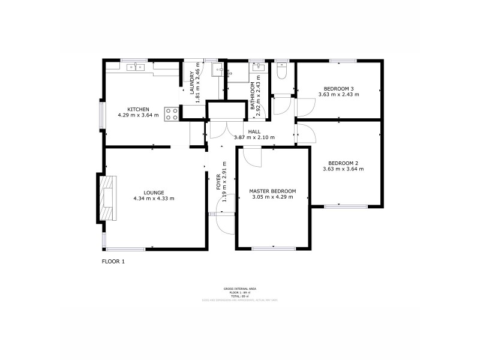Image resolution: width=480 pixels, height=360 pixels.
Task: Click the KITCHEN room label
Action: point(137,109)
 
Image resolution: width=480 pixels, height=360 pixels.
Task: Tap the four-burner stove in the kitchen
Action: point(171,113)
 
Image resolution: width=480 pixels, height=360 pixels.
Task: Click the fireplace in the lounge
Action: point(107,197)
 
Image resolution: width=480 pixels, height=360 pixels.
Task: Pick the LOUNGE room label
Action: point(145,193)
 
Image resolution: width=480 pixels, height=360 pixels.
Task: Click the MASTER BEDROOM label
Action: point(273,191)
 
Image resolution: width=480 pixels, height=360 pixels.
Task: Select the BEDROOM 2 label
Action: point(343,163)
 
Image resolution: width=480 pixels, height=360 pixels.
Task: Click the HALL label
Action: point(254,132)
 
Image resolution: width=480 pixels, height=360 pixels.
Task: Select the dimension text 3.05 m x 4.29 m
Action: point(273,197)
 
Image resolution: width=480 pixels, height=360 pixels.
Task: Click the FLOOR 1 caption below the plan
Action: point(113,261)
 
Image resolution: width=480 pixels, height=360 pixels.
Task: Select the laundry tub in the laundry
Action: point(217,70)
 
